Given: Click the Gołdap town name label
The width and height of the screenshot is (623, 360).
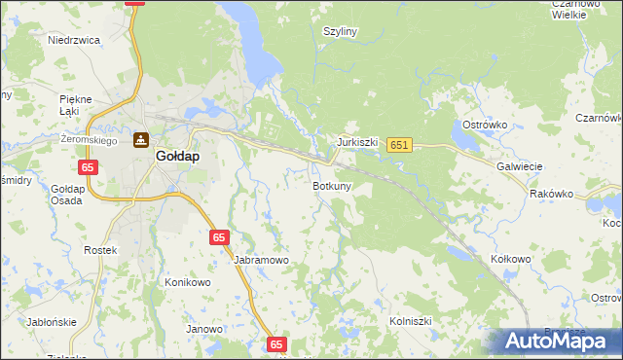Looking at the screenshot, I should [178, 155].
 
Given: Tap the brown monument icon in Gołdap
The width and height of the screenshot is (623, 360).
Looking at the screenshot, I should [142, 139].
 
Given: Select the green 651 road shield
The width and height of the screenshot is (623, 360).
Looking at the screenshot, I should [399, 145].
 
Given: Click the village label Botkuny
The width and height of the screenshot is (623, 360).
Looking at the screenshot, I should [332, 185].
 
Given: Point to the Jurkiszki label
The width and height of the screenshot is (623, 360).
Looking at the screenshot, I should [357, 142].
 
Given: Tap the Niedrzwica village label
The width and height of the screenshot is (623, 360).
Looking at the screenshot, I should [75, 40].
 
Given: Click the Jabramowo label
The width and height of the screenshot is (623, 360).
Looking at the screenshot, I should [262, 261].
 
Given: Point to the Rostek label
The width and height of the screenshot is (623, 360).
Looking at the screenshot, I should [100, 250].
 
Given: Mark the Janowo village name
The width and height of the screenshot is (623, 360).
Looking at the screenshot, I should [204, 329].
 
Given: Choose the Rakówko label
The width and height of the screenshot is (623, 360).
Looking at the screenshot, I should [552, 194].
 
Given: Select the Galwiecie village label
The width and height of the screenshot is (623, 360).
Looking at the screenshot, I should [519, 166].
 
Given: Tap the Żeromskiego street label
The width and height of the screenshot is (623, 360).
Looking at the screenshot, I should [89, 140].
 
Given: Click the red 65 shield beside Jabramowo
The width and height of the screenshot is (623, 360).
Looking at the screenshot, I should [219, 237].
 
